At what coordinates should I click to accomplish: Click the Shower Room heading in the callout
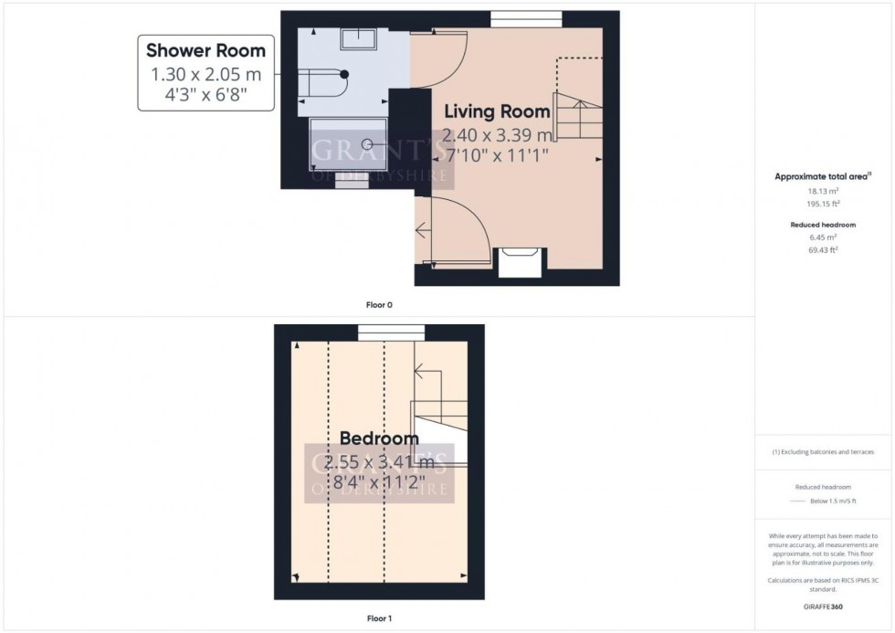click(205, 50)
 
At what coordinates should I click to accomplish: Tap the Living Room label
click(497, 112)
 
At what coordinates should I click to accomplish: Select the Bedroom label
click(379, 439)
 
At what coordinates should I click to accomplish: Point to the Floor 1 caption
click(379, 618)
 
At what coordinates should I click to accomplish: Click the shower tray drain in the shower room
click(367, 143)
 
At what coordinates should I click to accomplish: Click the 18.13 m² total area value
click(823, 191)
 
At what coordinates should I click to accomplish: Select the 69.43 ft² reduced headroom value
click(823, 249)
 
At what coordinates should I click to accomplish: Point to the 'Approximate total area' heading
click(821, 176)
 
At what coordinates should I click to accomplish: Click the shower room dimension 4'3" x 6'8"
click(205, 93)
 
